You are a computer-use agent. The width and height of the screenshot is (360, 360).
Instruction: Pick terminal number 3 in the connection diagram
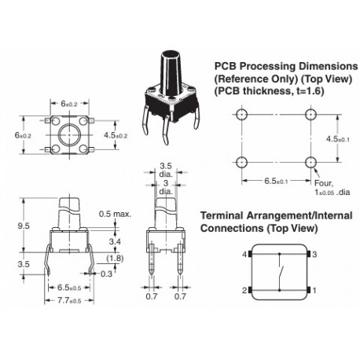[314, 255]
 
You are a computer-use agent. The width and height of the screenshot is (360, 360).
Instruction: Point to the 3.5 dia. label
[166, 171]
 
